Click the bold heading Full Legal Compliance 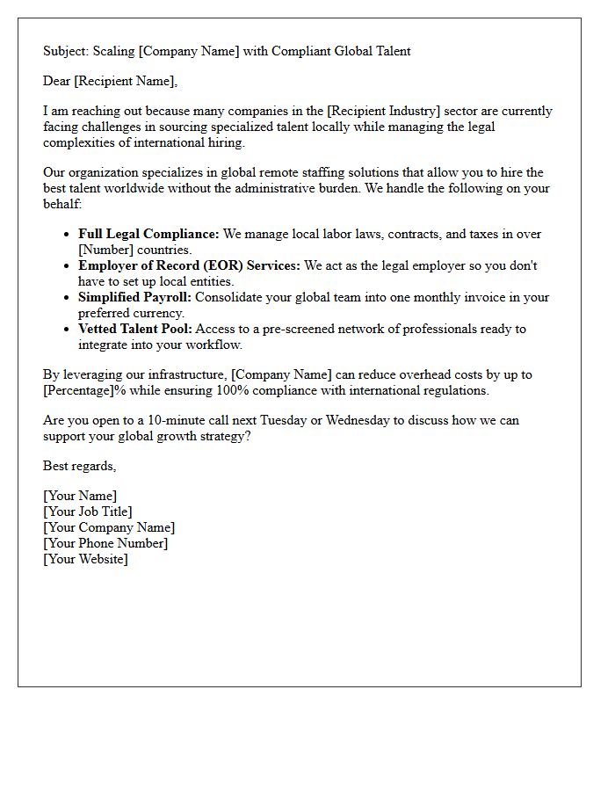[148, 235]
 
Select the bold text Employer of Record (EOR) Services [189, 265]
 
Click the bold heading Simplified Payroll [134, 297]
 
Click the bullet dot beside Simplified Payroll [67, 298]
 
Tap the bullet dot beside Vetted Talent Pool [67, 330]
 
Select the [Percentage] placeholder [82, 390]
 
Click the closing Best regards [79, 466]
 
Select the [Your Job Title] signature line [88, 512]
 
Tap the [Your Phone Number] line [105, 543]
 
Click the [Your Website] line [85, 559]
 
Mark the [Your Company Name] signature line [109, 527]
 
